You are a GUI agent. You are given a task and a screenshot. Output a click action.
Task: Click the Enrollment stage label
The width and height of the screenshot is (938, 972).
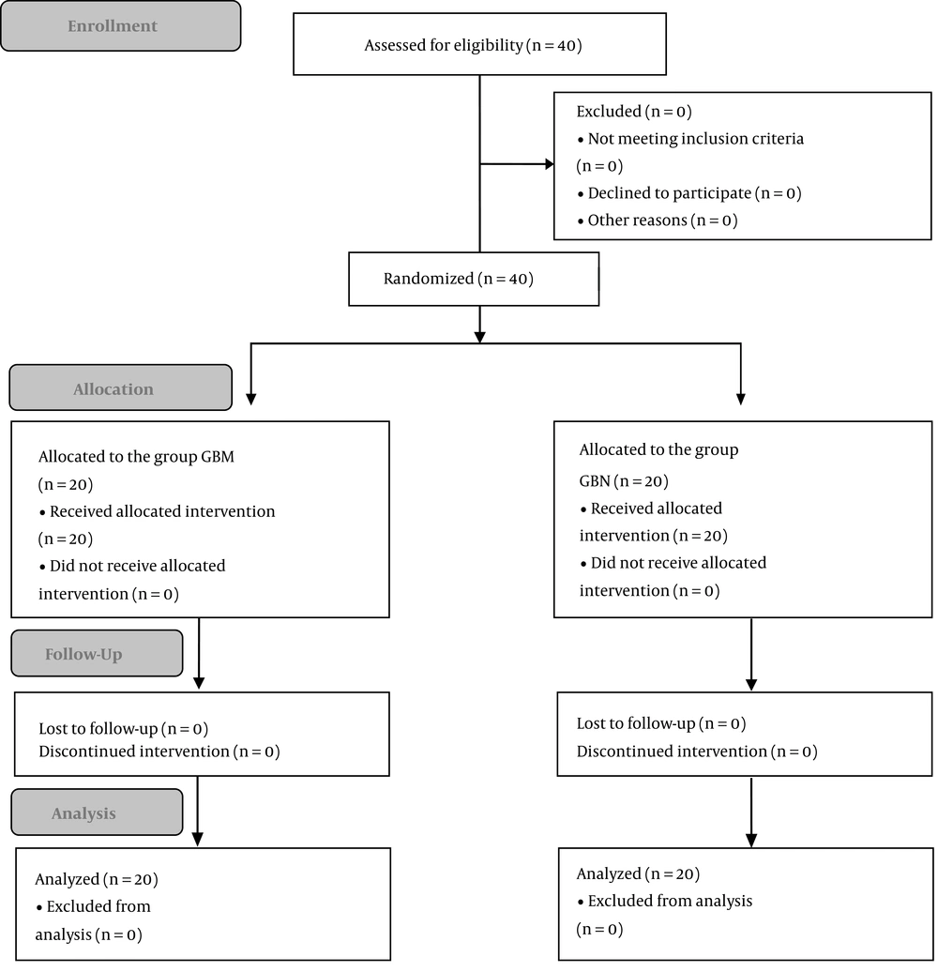point(121,26)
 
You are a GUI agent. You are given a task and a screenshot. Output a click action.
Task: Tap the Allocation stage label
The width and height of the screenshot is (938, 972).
point(121,388)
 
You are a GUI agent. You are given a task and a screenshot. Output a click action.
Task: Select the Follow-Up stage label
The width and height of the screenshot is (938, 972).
point(98,653)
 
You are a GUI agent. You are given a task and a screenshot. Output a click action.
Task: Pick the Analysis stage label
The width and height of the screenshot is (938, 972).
point(98,813)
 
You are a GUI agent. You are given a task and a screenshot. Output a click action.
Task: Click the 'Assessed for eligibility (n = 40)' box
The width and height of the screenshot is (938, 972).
point(479,44)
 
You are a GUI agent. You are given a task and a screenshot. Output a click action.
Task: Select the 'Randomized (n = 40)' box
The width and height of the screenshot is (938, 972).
point(474,279)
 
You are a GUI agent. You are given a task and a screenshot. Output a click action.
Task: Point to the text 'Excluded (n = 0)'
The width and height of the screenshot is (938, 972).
point(634,112)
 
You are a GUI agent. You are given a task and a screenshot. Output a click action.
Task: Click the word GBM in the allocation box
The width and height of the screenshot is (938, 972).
point(218,457)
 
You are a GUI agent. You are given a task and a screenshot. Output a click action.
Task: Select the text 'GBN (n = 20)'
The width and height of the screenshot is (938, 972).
point(624,481)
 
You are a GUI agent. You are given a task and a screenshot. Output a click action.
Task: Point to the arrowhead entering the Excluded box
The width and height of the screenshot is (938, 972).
point(549,164)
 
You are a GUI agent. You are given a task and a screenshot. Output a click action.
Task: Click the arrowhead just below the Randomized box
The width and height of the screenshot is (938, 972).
point(479,337)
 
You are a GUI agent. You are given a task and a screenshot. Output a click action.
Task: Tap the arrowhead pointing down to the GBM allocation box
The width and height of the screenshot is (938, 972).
point(251,400)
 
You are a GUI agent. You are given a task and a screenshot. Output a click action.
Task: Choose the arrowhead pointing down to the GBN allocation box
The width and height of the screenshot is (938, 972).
point(741,400)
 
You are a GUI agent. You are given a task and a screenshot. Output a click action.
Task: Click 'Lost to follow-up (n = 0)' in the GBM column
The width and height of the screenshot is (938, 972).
point(123,728)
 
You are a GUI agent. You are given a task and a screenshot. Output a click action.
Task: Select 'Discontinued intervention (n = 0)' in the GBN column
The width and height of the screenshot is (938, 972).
point(697,752)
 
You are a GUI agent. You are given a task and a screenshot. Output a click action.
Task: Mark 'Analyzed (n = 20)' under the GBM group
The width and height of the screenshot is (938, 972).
point(97,879)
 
